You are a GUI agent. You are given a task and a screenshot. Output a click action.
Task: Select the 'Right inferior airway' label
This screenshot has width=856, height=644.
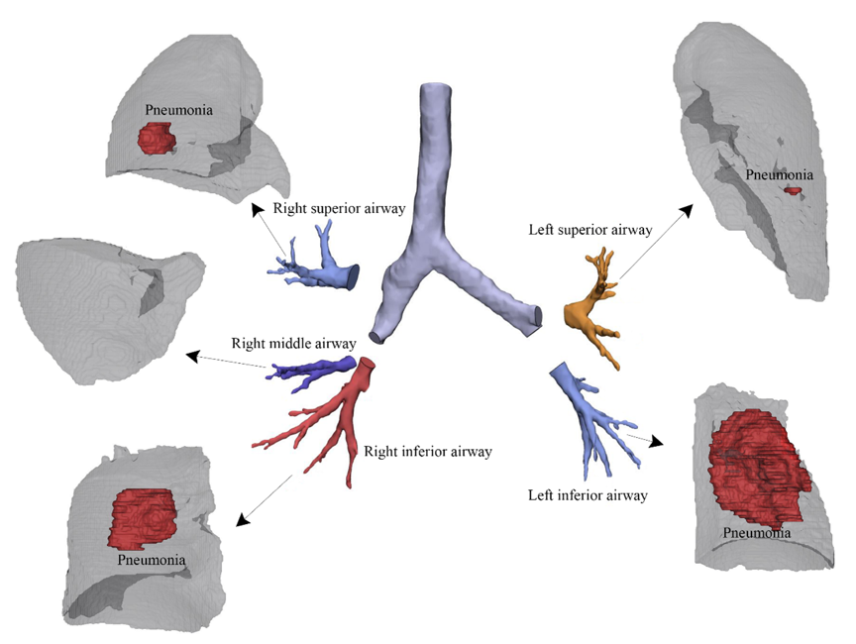pyautogui.click(x=428, y=452)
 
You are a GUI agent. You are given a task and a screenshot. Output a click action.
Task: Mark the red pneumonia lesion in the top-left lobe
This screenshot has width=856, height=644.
pyautogui.click(x=155, y=138)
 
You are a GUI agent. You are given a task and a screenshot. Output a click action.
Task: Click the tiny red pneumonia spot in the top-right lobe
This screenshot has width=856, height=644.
pyautogui.click(x=793, y=189)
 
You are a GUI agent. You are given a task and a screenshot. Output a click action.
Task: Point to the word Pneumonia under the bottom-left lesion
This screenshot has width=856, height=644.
pyautogui.click(x=152, y=561)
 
